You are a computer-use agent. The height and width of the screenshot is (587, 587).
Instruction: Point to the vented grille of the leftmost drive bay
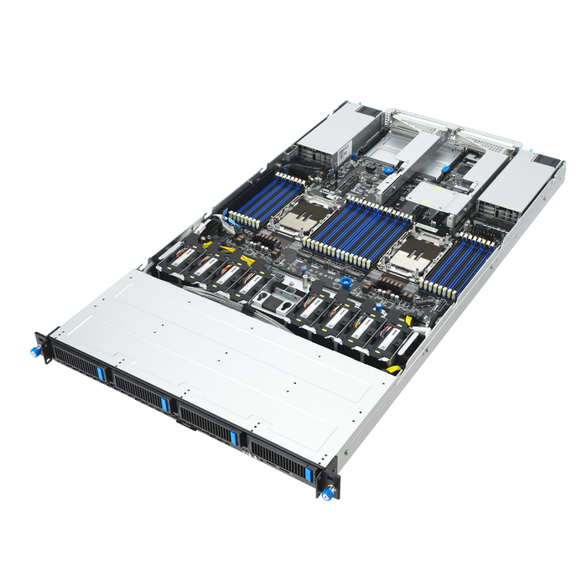[x=74, y=359]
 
